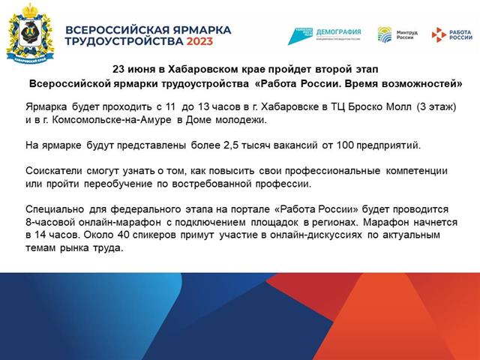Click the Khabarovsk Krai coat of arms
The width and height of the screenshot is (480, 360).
[x=30, y=33]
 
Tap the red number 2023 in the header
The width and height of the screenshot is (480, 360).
[x=199, y=41]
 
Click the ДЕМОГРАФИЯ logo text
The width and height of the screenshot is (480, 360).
[x=338, y=31]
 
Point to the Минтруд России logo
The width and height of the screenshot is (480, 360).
[x=397, y=34]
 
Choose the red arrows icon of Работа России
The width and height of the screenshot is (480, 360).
[x=439, y=34]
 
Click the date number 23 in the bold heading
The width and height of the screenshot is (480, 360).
[x=118, y=69]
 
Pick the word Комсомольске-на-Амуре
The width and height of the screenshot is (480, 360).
[x=112, y=120]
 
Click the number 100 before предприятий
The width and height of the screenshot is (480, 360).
[x=345, y=145]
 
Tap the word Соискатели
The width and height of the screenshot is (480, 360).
[x=53, y=171]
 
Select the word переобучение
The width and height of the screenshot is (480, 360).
[x=118, y=184]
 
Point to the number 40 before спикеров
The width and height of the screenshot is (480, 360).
[x=123, y=235]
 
